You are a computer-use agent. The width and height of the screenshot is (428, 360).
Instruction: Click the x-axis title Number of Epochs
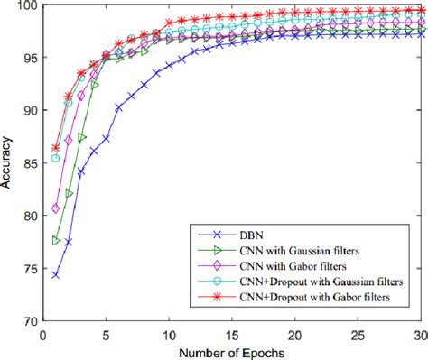pyautogui.click(x=232, y=350)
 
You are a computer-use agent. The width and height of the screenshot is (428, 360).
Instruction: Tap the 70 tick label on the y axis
pyautogui.click(x=32, y=320)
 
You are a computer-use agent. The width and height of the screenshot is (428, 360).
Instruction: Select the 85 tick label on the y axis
pyautogui.click(x=32, y=163)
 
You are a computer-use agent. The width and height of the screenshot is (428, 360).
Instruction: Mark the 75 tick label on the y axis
pyautogui.click(x=32, y=268)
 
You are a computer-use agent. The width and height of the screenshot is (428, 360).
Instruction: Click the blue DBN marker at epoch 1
pyautogui.click(x=56, y=274)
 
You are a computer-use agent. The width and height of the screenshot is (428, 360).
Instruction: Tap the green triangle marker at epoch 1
pyautogui.click(x=56, y=241)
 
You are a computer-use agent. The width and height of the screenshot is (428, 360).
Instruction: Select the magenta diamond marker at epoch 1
pyautogui.click(x=56, y=208)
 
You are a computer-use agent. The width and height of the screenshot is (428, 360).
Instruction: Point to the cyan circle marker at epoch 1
pyautogui.click(x=56, y=158)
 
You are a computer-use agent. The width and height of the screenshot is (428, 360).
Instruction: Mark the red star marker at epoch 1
pyautogui.click(x=56, y=148)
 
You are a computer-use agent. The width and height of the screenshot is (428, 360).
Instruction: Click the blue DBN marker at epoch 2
pyautogui.click(x=69, y=242)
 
